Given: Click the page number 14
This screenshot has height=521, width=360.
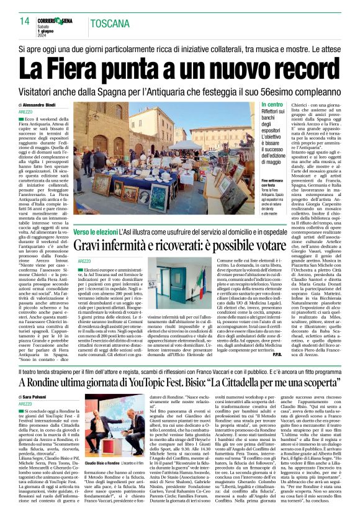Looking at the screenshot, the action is coord(25,21).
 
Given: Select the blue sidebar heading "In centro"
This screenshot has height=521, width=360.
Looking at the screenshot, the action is coord(272,105).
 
